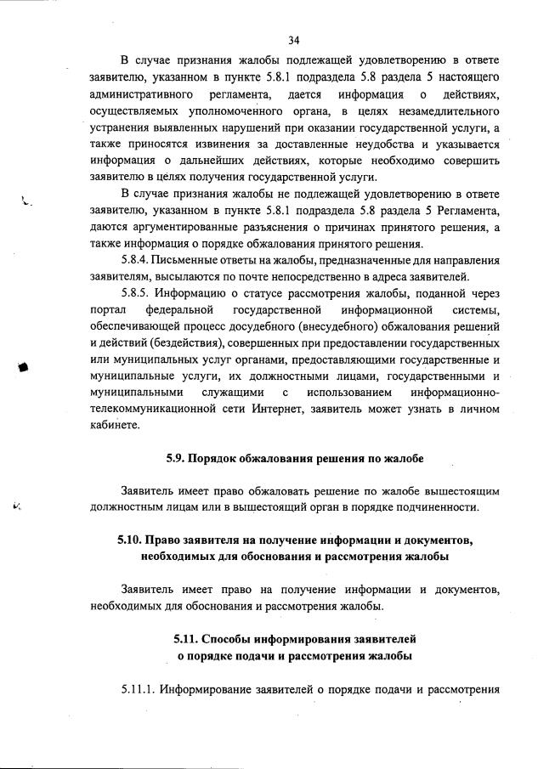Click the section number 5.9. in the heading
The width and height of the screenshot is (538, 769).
pos(178,460)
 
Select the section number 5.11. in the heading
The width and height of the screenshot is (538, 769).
pos(187,637)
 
